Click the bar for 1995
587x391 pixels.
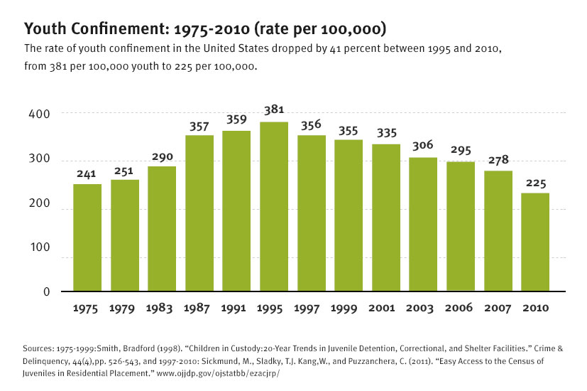point(274,206)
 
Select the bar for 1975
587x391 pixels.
point(87,237)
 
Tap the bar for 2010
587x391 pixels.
point(536,242)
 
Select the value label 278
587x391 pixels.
point(498,161)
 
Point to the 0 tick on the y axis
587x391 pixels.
point(45,291)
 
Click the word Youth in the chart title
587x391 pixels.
point(45,30)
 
